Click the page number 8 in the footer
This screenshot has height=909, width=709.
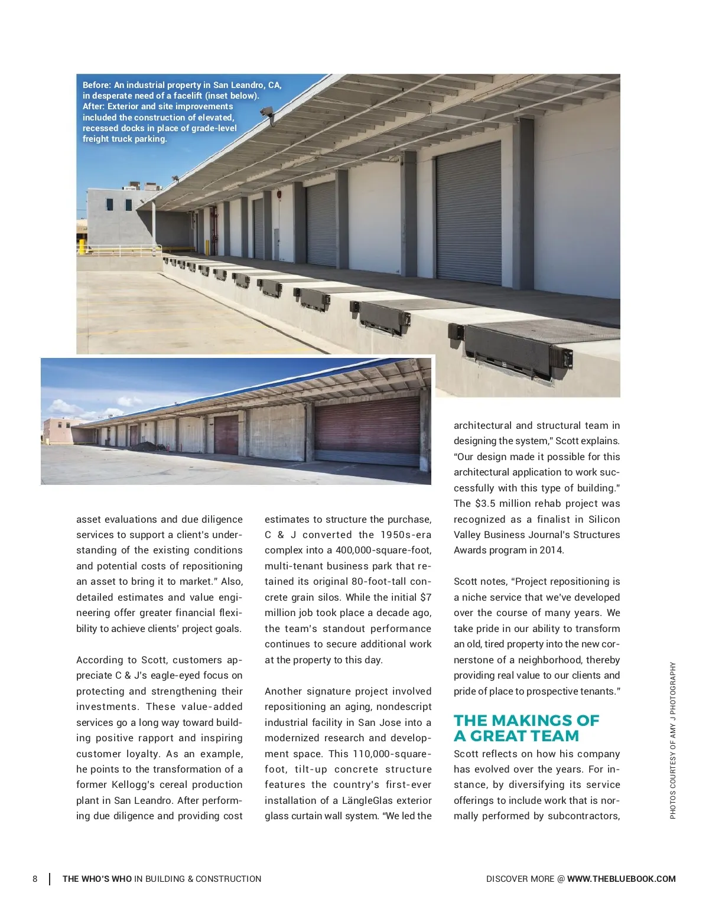click(35, 879)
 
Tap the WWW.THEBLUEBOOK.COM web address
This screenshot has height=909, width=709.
click(621, 879)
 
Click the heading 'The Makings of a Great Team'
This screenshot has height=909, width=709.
click(526, 728)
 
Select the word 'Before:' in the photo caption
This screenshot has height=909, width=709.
click(97, 85)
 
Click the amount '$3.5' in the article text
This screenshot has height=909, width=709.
click(484, 504)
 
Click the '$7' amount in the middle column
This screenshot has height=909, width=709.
click(425, 597)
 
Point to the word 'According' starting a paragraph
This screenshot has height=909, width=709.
click(99, 660)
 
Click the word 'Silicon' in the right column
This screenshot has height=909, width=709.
click(603, 519)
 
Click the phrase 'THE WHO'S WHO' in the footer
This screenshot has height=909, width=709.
click(97, 879)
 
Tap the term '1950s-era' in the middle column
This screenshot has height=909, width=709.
click(406, 535)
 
